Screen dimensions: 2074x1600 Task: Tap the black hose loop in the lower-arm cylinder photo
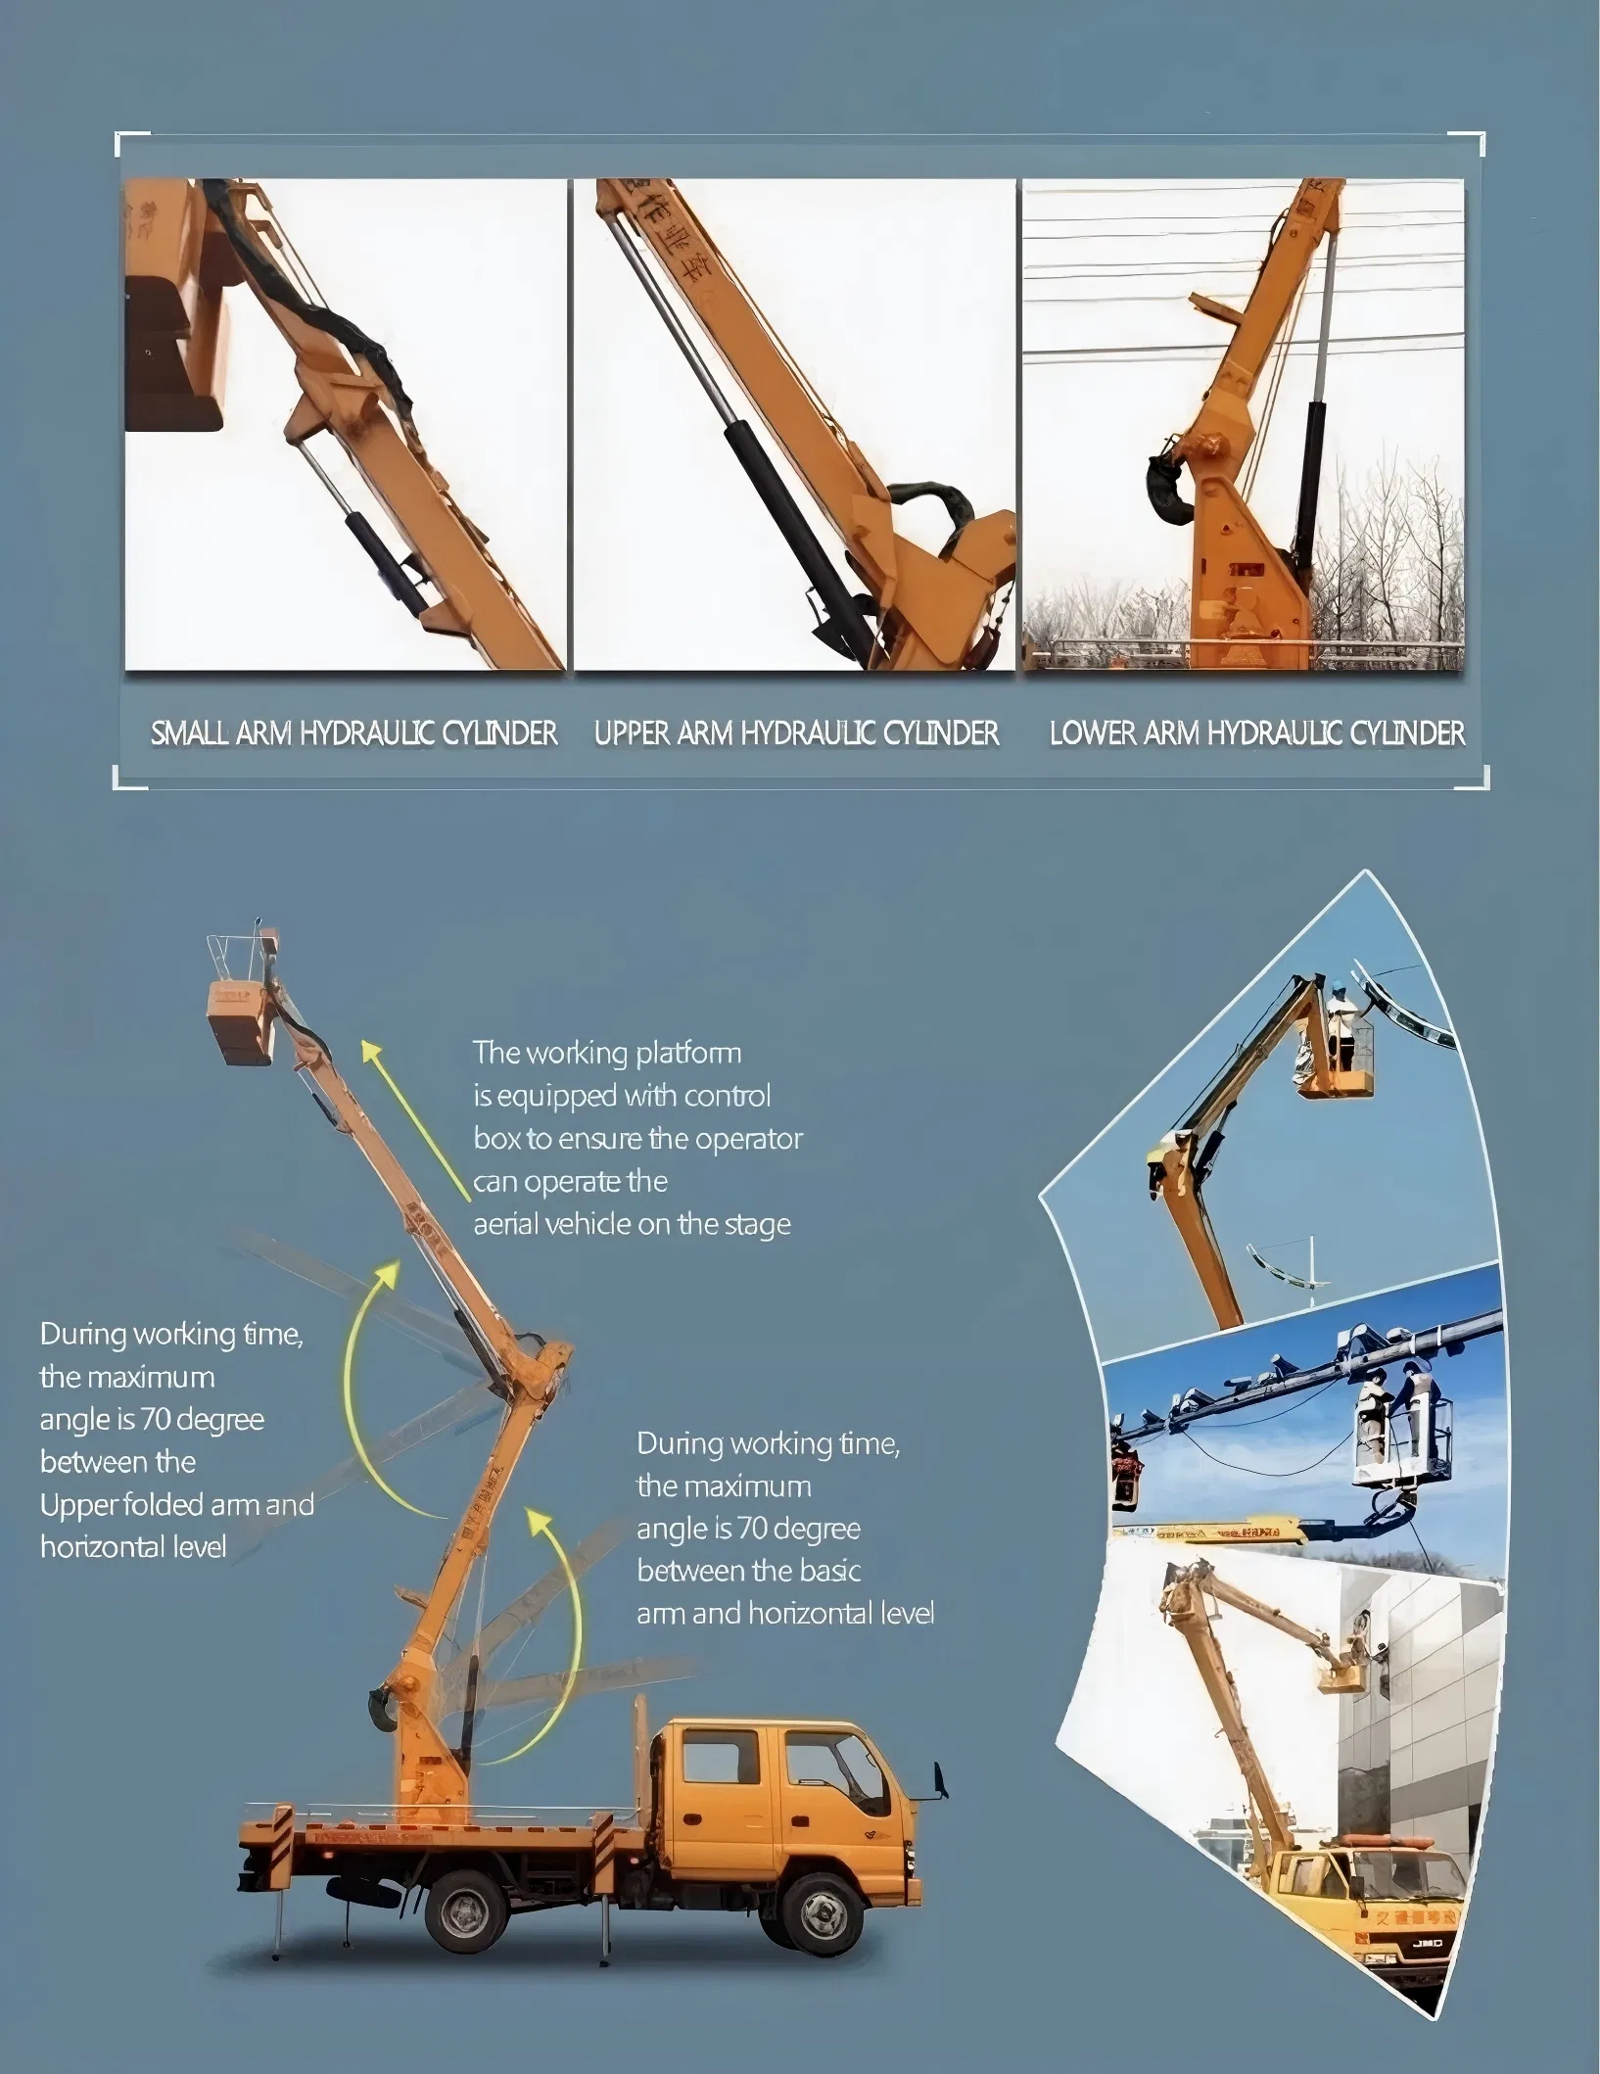click(1167, 490)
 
